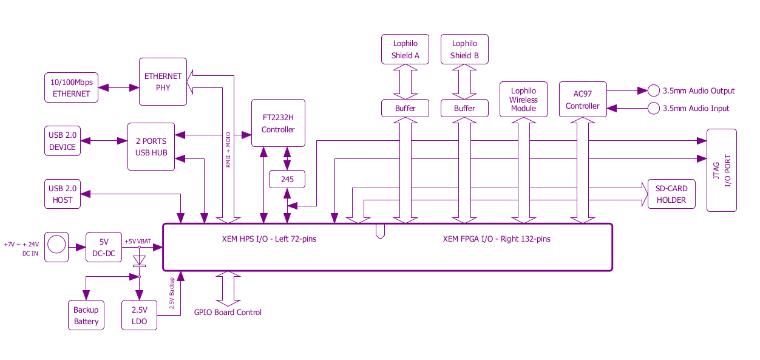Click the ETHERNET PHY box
pos(163,82)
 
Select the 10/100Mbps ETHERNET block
pos(71,87)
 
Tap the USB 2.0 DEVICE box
pos(63,141)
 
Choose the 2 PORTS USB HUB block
pos(151,146)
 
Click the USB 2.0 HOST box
pos(63,194)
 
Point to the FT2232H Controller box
pos(278,123)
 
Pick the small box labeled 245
pos(287,179)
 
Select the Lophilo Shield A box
pos(405,49)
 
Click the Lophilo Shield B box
pos(464,49)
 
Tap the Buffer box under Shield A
pos(405,108)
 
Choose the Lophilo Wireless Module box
pos(523,100)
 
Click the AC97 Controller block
pos(583,100)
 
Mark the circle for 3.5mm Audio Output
pos(654,90)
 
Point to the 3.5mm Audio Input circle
pos(654,109)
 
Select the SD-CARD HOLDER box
pos(671,194)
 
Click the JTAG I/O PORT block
pos(722,171)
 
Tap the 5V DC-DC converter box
pos(104,247)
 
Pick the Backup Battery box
pos(86,315)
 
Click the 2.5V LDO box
pos(140,315)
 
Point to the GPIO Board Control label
pos(228,312)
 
